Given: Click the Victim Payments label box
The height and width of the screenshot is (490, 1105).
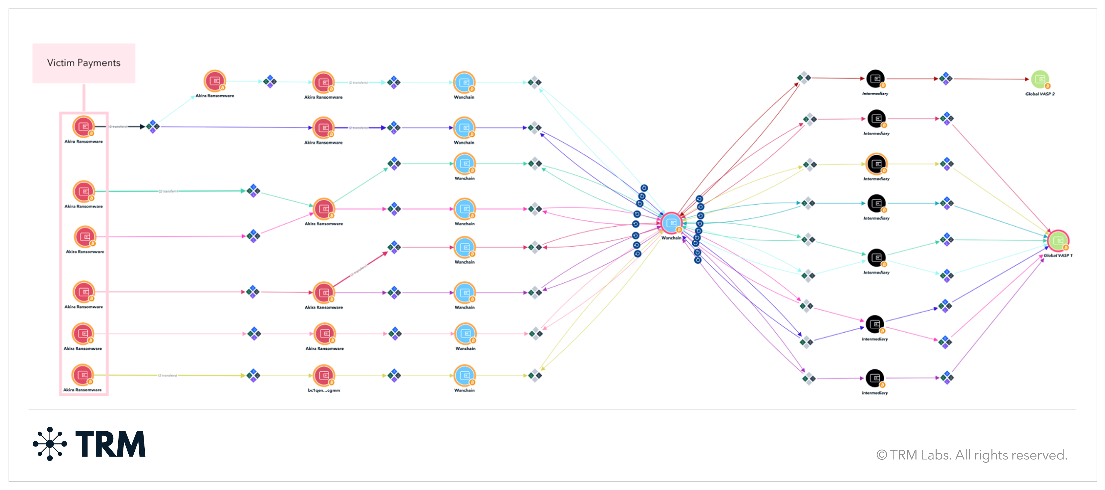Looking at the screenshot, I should click(x=84, y=63).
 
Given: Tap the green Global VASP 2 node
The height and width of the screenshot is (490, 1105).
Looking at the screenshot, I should click(x=1039, y=79).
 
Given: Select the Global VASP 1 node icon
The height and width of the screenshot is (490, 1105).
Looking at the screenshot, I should click(x=1058, y=240).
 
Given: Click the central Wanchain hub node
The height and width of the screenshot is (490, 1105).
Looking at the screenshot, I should click(x=671, y=223).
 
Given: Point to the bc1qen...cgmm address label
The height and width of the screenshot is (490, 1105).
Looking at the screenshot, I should click(x=323, y=390).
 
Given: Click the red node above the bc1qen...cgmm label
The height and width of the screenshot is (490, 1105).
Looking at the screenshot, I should click(x=323, y=375).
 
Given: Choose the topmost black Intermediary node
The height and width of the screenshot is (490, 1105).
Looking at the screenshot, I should click(x=875, y=79).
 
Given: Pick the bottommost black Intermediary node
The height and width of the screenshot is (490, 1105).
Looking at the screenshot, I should click(x=875, y=378).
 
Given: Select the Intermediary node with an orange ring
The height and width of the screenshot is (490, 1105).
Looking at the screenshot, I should click(x=876, y=164).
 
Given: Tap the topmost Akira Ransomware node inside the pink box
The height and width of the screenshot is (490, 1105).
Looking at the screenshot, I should click(x=83, y=127).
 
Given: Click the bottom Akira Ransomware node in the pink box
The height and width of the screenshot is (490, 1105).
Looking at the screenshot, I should click(x=82, y=375).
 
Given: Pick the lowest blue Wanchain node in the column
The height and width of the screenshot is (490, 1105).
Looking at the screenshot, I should click(x=464, y=375).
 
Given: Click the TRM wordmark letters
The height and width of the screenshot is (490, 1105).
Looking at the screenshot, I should click(x=111, y=444).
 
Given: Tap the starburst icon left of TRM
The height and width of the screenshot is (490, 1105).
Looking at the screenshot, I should click(x=50, y=444).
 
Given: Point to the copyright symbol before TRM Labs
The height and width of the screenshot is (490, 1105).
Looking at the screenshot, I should click(x=881, y=455).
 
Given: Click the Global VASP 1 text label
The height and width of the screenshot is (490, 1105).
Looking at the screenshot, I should click(x=1058, y=255).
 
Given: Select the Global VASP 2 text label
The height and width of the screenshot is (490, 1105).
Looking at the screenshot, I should click(x=1040, y=94).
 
